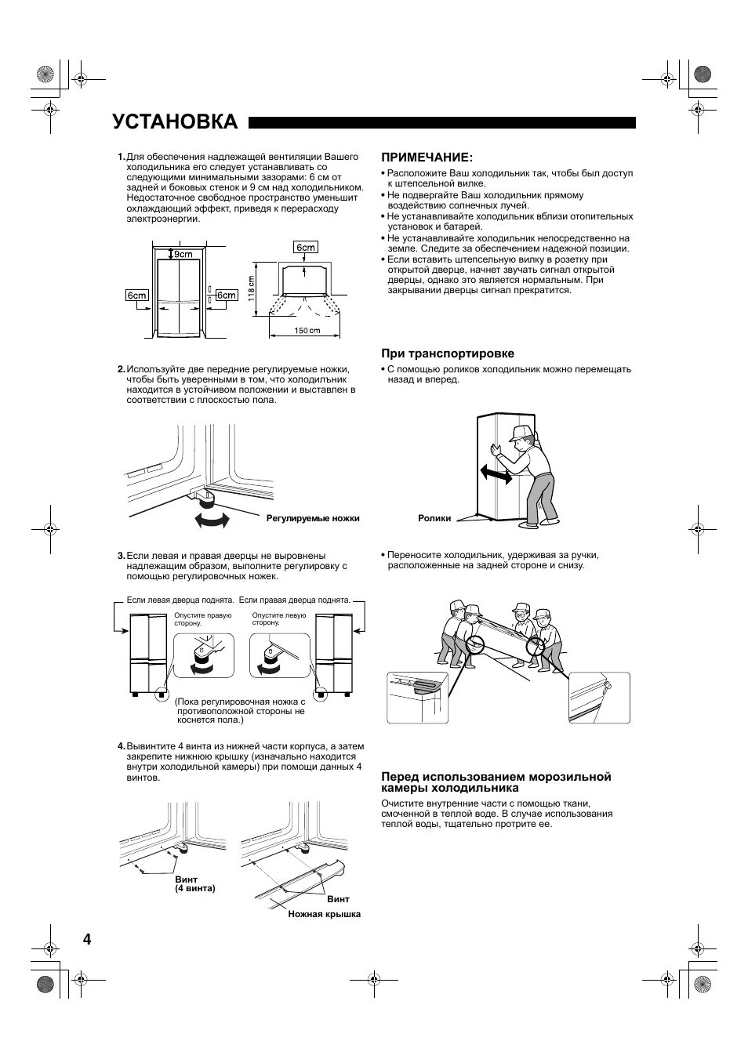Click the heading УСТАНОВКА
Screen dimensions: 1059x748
(x=174, y=121)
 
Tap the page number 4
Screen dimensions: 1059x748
(x=86, y=940)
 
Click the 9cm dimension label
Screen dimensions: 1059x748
(x=183, y=254)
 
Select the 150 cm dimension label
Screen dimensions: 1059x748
(x=307, y=330)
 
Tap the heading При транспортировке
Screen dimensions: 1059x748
(x=448, y=354)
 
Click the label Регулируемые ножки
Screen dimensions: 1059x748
(x=313, y=518)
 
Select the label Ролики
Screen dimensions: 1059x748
(x=434, y=518)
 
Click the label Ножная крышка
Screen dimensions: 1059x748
(x=324, y=915)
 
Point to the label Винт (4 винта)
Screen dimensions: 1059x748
(x=194, y=884)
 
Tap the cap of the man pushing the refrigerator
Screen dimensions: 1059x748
(x=521, y=433)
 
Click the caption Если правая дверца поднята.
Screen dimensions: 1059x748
(x=295, y=600)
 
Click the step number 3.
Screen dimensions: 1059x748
(x=121, y=556)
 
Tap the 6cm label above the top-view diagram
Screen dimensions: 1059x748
(x=305, y=248)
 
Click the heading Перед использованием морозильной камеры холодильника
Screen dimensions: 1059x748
(x=496, y=782)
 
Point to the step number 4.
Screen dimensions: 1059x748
(x=121, y=746)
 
